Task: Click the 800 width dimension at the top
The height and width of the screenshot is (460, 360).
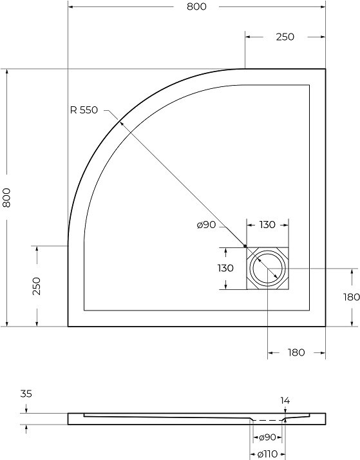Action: coord(196,6)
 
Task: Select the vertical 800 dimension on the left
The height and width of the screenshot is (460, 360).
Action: coord(6,198)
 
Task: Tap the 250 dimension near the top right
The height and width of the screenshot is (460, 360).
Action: coord(285,37)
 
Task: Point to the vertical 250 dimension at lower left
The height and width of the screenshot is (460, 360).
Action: coord(37,286)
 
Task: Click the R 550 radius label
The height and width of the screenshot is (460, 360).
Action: coord(84,110)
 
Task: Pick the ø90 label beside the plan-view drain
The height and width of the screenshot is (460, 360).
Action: coord(206,225)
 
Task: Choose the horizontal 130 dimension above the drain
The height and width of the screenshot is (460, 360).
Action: coord(267,225)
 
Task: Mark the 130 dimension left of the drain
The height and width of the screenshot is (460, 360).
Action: coord(225,268)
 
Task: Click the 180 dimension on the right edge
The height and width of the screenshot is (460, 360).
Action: coord(352,297)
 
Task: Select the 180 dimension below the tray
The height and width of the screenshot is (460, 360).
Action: coord(296,352)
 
